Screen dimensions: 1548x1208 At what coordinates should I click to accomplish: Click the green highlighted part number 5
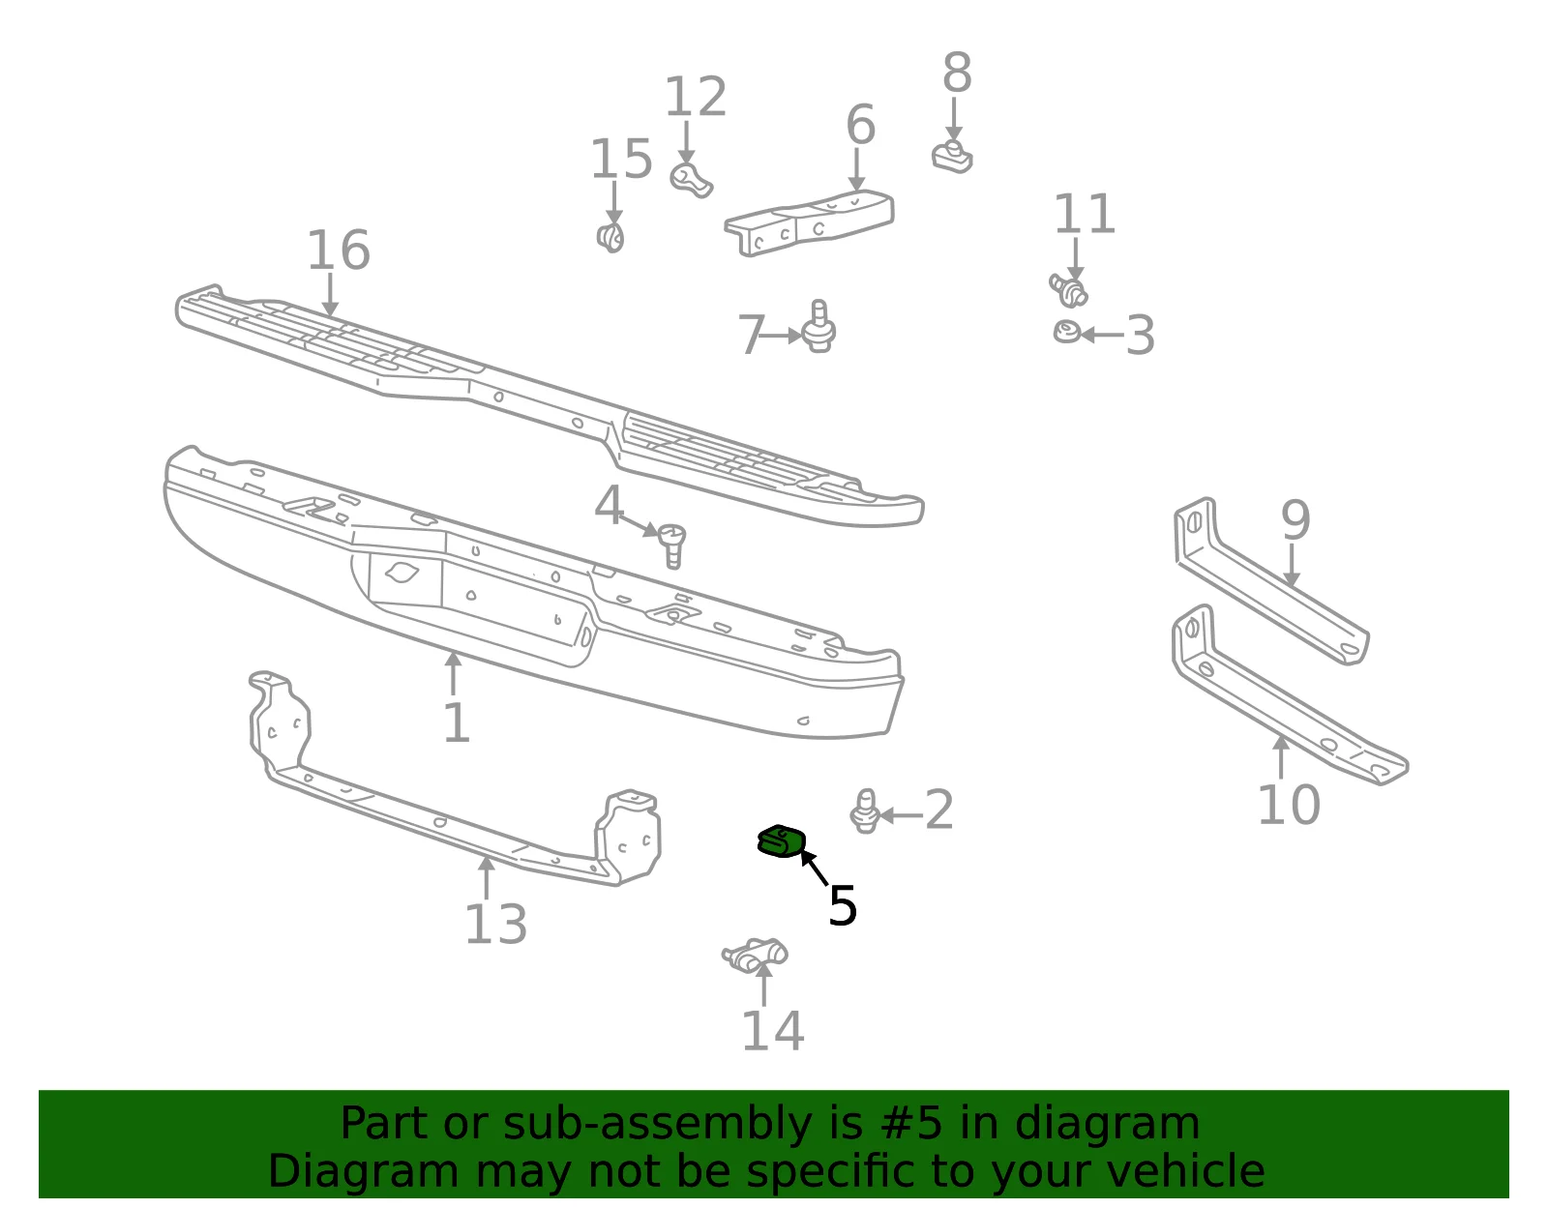coord(782,841)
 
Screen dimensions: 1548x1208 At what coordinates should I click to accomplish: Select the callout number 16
coord(339,250)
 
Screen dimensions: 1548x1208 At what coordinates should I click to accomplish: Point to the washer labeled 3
coord(1066,332)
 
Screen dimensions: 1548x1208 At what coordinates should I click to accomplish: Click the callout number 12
coord(696,97)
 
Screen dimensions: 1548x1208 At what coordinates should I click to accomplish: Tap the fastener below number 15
coord(610,237)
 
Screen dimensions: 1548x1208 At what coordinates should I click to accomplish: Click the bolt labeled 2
coord(866,810)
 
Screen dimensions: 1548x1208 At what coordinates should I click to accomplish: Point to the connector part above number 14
coord(755,955)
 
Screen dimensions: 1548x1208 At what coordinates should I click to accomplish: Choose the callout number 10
coord(1289,805)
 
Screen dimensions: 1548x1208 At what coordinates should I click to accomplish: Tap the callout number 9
coord(1295,520)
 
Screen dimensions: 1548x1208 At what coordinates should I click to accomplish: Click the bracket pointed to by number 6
coord(809,222)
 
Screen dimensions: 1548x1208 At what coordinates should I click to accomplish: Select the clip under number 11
coord(1068,290)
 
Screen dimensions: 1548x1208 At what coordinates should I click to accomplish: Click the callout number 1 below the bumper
coord(457,723)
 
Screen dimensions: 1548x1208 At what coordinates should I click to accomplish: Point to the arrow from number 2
coord(901,815)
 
